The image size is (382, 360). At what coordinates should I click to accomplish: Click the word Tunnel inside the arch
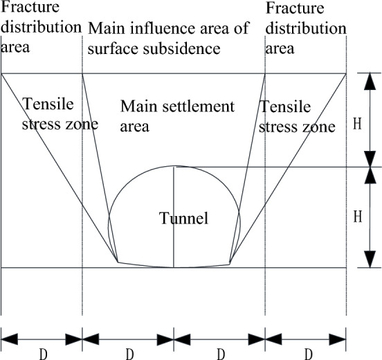tap(184, 219)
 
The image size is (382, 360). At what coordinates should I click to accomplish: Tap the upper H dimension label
tap(356, 123)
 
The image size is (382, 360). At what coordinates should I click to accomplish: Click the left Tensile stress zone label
tap(59, 115)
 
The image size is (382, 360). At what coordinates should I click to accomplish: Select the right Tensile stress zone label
tap(298, 116)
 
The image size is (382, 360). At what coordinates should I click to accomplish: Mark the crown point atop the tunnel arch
tap(174, 166)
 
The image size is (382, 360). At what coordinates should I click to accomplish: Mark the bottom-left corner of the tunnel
tap(118, 262)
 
